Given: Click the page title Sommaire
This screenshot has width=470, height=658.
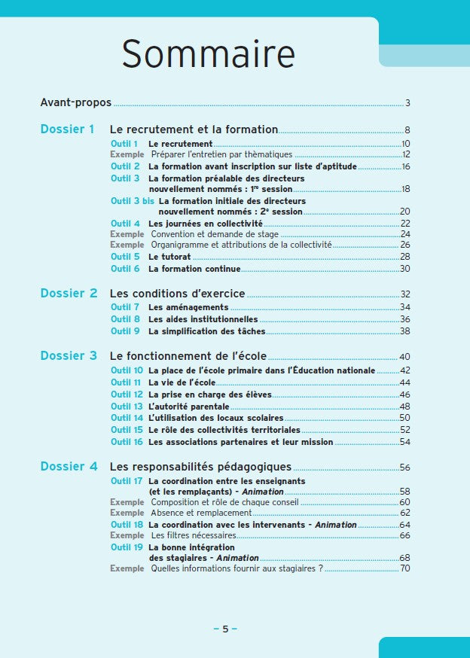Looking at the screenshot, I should tap(208, 55).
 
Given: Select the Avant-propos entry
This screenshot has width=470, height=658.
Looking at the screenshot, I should tap(75, 102).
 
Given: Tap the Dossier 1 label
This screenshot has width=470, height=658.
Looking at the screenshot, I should tap(67, 129).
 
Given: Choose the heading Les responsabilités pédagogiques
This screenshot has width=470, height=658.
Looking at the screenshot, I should tap(200, 468).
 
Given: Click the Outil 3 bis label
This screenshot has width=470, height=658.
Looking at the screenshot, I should tap(132, 201).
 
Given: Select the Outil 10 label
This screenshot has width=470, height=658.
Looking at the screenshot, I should tap(127, 370).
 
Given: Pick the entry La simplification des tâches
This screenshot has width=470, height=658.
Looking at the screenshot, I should tap(206, 331).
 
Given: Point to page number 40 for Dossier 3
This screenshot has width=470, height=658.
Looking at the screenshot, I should tap(404, 357).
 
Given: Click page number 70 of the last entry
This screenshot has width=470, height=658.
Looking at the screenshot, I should tap(404, 568).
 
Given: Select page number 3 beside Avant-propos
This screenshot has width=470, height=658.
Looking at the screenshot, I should tap(407, 103).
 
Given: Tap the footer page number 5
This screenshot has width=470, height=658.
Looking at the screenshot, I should tap(224, 629).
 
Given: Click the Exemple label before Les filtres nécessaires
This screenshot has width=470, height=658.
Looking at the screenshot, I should tap(127, 535).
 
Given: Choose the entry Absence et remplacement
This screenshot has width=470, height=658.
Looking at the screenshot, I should tap(201, 513).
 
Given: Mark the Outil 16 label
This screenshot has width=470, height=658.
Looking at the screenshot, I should tap(127, 442).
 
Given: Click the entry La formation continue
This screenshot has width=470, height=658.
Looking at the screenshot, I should tap(194, 269).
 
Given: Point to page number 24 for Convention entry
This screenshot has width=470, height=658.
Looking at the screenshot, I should tap(404, 234).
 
